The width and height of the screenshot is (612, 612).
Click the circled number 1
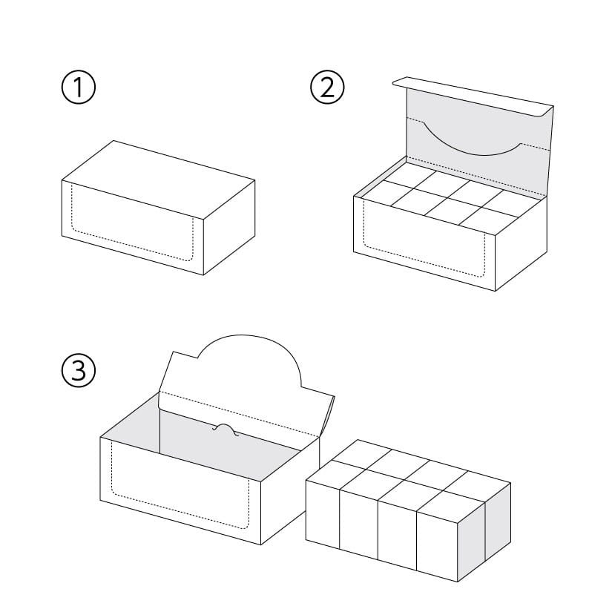(79, 87)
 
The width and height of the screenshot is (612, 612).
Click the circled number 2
(327, 87)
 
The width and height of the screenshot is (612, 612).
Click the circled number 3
(79, 370)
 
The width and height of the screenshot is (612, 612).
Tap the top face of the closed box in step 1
(158, 180)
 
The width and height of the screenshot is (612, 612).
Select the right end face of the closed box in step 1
(229, 228)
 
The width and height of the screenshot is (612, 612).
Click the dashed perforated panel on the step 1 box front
(132, 223)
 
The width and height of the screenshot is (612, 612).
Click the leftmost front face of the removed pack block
(323, 514)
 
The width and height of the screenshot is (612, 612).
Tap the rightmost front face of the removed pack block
(437, 547)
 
